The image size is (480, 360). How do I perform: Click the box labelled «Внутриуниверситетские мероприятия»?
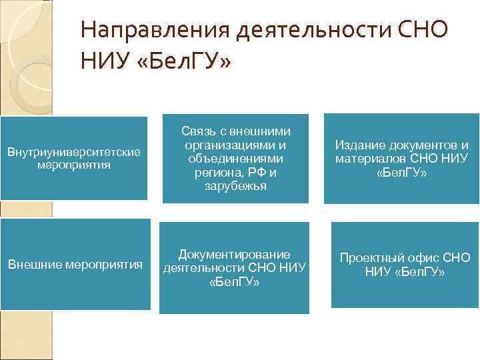pos(73,158)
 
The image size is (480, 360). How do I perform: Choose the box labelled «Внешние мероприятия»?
pos(75,265)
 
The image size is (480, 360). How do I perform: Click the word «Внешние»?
pos(35,265)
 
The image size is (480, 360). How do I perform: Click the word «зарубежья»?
pos(235,186)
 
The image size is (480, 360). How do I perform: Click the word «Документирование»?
pos(234,254)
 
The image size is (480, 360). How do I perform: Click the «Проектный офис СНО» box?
pos(405,265)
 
